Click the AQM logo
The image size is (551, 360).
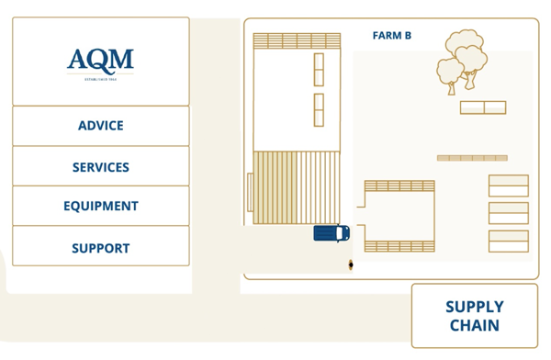coord(100,62)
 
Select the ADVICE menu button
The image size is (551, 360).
coord(100,126)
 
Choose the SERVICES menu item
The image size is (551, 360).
coord(100,167)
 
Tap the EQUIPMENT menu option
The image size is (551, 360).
coord(100,207)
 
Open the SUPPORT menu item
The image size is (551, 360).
coord(100,248)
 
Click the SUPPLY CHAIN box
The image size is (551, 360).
coord(474,316)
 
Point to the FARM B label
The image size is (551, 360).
coord(391,36)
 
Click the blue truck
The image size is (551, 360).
coord(331,233)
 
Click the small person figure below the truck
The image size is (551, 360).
coord(351,265)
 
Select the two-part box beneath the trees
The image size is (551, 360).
coord(483,107)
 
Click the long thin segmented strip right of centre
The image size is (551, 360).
coord(472,158)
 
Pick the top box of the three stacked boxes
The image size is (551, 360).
coord(508,186)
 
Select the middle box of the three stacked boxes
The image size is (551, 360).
coord(508,213)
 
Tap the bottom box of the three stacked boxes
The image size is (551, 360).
coord(508,241)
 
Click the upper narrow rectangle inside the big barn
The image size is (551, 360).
coord(319,70)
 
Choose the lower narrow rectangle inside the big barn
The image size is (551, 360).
coord(319,110)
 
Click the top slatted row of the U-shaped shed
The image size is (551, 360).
coord(399,186)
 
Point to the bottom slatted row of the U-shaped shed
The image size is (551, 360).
coord(399,246)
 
